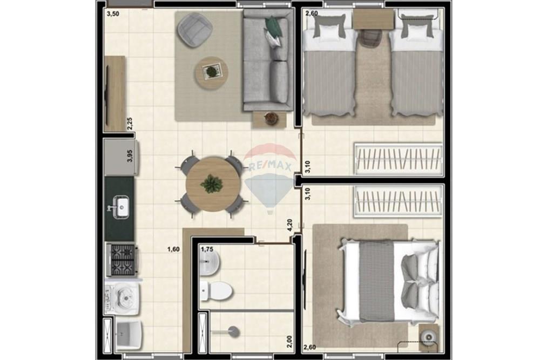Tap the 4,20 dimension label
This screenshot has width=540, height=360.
coord(290,225)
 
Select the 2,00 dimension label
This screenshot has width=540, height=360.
coord(290,341)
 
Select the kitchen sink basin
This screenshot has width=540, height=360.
coord(123,206)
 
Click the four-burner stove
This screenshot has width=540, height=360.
coord(122,260)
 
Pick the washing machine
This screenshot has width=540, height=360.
coord(122,297)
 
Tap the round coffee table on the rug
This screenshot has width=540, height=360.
coord(211,72)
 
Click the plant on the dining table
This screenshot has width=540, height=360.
coord(211,184)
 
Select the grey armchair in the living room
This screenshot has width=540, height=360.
coord(194,30)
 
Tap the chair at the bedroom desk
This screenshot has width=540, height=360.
coord(370,38)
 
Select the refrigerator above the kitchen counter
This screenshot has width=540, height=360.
coord(122,157)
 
